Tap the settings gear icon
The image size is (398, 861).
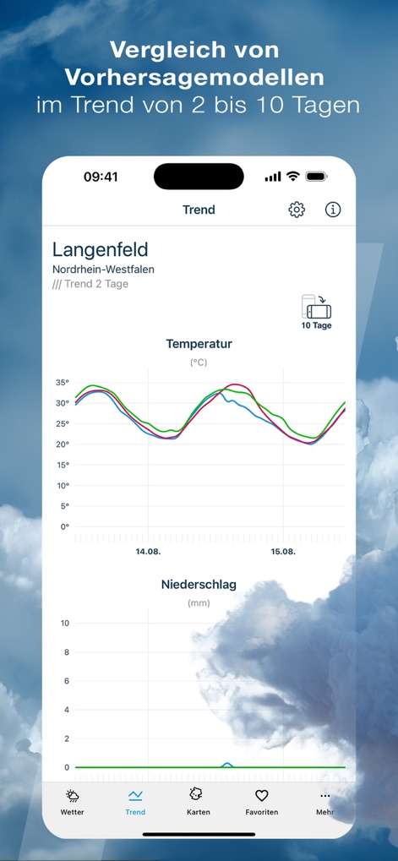[x=297, y=210]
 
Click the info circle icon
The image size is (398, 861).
[x=333, y=210]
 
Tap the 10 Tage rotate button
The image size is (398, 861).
[x=317, y=312]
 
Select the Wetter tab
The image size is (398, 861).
[x=73, y=801]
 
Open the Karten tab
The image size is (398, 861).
[x=199, y=801]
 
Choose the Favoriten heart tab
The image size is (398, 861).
[x=261, y=801]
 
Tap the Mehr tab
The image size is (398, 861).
[x=325, y=801]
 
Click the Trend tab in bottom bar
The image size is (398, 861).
[x=135, y=801]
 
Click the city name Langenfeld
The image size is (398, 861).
[x=100, y=249]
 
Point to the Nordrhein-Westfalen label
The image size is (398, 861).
[x=103, y=270]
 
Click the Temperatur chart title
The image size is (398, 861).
[x=199, y=344]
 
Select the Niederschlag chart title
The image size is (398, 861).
[x=199, y=584]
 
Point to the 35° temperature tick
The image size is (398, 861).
[x=63, y=383]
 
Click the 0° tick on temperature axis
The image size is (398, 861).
[x=64, y=527]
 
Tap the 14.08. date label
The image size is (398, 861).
[x=148, y=551]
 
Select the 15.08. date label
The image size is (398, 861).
[x=283, y=551]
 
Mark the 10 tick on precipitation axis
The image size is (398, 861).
[x=64, y=624]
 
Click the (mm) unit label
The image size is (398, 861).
[x=199, y=603]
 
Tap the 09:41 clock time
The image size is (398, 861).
[x=101, y=177]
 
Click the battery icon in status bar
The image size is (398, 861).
[x=317, y=177]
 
